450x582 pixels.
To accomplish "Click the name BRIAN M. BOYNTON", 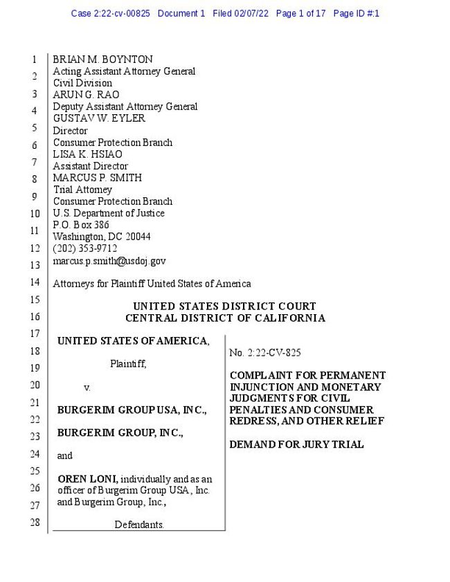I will (x=102, y=60).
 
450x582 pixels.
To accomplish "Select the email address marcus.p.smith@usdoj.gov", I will (x=109, y=261).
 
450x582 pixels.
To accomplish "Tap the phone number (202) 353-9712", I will (x=85, y=248).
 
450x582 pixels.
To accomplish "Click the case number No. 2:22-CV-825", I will (x=264, y=353).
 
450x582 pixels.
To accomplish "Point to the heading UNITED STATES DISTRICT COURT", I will (x=224, y=307).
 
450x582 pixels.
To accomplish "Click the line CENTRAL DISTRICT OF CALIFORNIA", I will (x=224, y=318).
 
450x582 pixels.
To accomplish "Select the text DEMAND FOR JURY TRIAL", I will (x=296, y=444).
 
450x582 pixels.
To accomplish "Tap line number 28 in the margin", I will (x=35, y=522).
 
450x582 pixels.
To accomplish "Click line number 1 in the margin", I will (x=35, y=60).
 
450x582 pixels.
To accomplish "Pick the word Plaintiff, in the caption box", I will (x=128, y=364).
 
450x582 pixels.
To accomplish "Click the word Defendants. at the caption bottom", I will (x=139, y=525).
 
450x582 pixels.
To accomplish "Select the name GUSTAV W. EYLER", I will (x=99, y=118).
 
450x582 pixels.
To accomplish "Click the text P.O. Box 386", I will (x=81, y=225).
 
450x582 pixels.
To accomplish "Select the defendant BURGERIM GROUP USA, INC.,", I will (x=132, y=410).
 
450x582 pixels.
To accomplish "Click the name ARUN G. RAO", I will (x=86, y=95).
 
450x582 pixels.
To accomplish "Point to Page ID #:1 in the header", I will (x=356, y=13).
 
